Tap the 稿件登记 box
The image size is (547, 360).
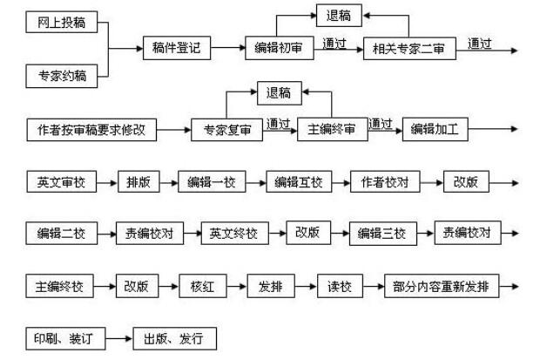tap(176, 49)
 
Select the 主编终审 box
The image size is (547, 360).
tap(331, 132)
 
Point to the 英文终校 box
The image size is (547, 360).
tap(234, 234)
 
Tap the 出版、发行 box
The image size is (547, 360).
tap(173, 339)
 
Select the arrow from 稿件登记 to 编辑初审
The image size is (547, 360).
tap(227, 49)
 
